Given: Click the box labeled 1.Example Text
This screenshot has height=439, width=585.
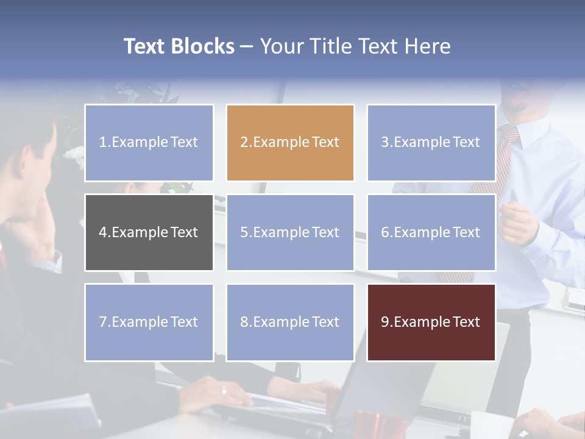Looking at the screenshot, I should pyautogui.click(x=149, y=143).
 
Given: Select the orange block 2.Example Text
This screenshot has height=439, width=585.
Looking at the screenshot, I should pyautogui.click(x=290, y=143).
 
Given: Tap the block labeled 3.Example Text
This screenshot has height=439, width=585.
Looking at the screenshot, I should pyautogui.click(x=431, y=143).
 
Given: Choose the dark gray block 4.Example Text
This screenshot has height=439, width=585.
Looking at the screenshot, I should pyautogui.click(x=149, y=232).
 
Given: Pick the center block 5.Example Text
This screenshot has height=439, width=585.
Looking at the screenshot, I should pyautogui.click(x=290, y=232).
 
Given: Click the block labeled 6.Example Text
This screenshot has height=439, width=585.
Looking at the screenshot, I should pyautogui.click(x=431, y=232).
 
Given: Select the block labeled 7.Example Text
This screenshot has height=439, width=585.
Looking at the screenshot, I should pyautogui.click(x=149, y=322).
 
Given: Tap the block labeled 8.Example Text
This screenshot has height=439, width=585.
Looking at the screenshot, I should pyautogui.click(x=290, y=322).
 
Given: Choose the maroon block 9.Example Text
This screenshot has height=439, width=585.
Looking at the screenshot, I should pyautogui.click(x=431, y=322).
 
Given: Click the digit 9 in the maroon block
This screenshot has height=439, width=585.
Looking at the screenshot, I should pyautogui.click(x=385, y=322).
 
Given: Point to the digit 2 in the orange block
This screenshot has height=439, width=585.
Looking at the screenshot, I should pyautogui.click(x=244, y=143).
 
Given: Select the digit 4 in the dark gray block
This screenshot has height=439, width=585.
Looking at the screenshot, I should pyautogui.click(x=103, y=232).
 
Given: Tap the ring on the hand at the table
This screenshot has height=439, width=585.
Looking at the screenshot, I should pyautogui.click(x=224, y=390).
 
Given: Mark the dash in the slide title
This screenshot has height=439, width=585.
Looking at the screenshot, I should pyautogui.click(x=247, y=47).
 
